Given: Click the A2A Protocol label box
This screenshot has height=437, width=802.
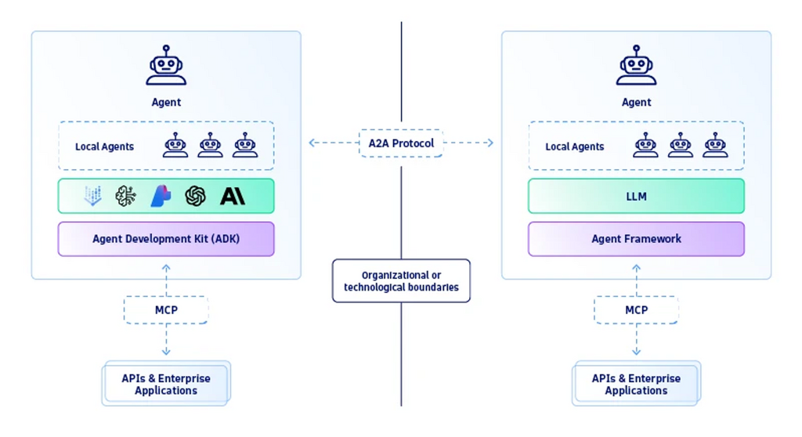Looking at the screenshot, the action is (x=401, y=143).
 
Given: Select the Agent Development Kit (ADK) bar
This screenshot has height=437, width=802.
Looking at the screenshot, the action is (x=166, y=239).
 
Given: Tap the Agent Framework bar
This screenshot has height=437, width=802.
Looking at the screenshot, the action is (x=636, y=239).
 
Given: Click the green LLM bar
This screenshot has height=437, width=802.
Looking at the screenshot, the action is (x=636, y=196).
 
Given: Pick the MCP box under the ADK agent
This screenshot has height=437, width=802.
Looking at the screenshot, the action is (x=166, y=310).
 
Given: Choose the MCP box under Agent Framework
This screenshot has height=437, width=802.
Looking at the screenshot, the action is (x=636, y=310).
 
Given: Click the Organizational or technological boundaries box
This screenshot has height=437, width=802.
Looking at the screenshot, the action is (x=401, y=281).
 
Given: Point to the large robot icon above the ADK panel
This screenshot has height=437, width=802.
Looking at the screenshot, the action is (x=166, y=65).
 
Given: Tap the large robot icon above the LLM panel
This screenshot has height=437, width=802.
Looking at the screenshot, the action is (x=636, y=65).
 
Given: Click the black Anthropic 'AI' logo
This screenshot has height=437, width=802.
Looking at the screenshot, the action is (x=233, y=196).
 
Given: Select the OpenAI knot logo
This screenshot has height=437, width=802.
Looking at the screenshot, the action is (x=195, y=196).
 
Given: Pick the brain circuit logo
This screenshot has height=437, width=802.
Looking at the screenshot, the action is (x=126, y=196).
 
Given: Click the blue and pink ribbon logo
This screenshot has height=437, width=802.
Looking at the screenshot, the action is (x=161, y=196).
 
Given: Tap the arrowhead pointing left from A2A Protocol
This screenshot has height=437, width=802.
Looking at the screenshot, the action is (x=312, y=143).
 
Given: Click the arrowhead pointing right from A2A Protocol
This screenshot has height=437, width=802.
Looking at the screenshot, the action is (x=490, y=143).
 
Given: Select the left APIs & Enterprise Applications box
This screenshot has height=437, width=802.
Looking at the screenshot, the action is (x=166, y=384).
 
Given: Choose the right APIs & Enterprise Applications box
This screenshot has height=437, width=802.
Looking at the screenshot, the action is (x=636, y=384).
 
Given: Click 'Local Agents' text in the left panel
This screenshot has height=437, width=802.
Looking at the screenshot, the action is (x=104, y=147).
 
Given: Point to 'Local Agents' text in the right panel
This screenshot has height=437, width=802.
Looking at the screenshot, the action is (x=574, y=147).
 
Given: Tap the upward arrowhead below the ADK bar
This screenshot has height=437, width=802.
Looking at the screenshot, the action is (x=166, y=268).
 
